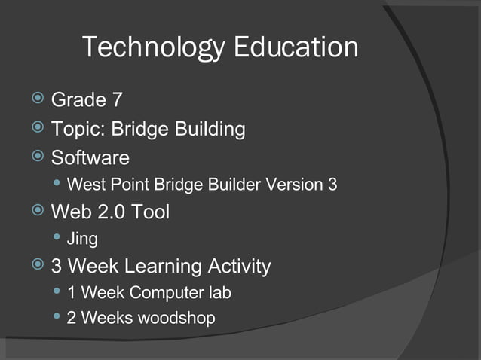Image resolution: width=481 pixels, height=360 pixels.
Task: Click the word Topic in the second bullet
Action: click(78, 130)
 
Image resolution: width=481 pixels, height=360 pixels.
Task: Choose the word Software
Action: click(90, 158)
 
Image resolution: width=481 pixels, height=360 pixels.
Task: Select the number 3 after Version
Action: click(332, 185)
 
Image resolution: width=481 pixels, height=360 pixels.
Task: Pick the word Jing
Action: click(82, 240)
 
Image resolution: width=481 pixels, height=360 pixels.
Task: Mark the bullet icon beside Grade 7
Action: click(36, 99)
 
